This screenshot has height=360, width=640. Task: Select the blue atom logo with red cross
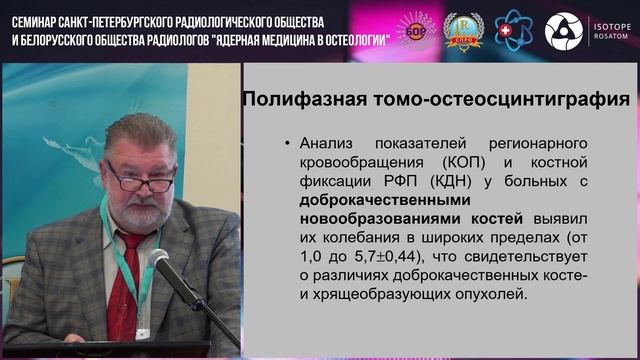point(513,30)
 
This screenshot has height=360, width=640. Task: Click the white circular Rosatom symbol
point(561,30)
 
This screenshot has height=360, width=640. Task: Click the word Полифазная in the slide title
point(318,99)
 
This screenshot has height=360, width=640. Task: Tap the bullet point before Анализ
point(289,143)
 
